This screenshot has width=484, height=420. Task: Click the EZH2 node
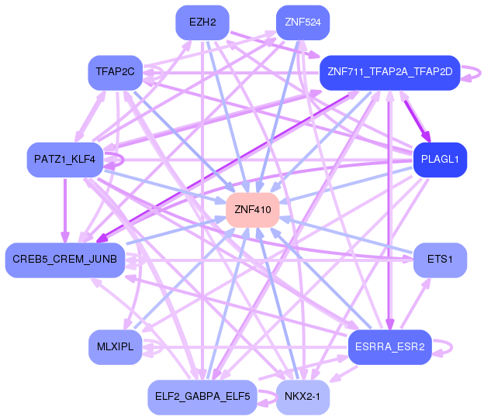pyautogui.click(x=202, y=22)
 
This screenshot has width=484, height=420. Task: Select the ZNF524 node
pyautogui.click(x=302, y=22)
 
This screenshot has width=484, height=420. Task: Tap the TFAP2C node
pyautogui.click(x=115, y=72)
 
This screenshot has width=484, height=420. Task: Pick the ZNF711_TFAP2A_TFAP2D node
pyautogui.click(x=390, y=72)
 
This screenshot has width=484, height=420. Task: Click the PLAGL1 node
pyautogui.click(x=440, y=160)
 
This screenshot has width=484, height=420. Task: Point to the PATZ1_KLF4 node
pyautogui.click(x=64, y=160)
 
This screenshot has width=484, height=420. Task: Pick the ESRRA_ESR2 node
pyautogui.click(x=389, y=346)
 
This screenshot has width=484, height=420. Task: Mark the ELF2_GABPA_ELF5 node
pyautogui.click(x=201, y=397)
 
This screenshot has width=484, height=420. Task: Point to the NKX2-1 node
pyautogui.click(x=302, y=397)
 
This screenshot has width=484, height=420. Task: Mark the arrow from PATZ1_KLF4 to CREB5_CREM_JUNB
pyautogui.click(x=65, y=209)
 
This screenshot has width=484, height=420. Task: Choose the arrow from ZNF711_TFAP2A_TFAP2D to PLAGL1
pyautogui.click(x=415, y=116)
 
